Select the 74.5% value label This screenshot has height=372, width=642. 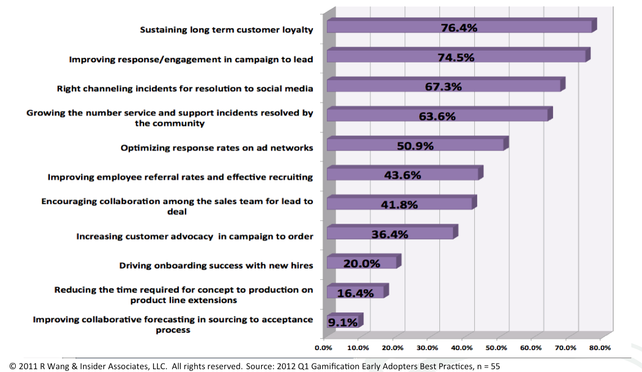(456, 57)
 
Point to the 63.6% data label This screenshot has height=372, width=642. (437, 116)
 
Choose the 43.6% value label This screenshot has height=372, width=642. (403, 175)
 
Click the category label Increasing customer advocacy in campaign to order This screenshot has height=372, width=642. (195, 237)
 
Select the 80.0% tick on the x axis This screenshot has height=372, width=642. (600, 348)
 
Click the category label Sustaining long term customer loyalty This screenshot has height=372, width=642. (226, 30)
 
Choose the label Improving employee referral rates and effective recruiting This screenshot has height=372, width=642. (180, 177)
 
